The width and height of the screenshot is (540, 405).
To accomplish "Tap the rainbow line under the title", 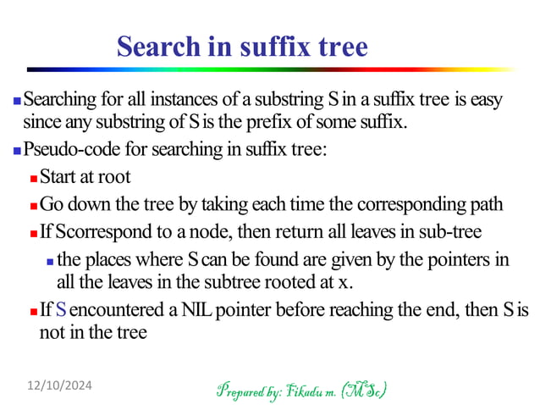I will coord(270,69).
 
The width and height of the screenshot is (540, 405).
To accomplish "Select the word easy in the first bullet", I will coord(486,101).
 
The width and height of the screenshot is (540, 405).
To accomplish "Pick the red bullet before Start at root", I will coord(33,179).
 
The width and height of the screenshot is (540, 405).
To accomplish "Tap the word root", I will coord(114,178).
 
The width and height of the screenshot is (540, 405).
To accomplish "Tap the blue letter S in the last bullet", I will coord(61,310).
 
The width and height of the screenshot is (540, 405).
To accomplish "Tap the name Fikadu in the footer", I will coord(306,391).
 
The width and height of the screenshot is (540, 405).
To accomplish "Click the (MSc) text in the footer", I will coord(363,391).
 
